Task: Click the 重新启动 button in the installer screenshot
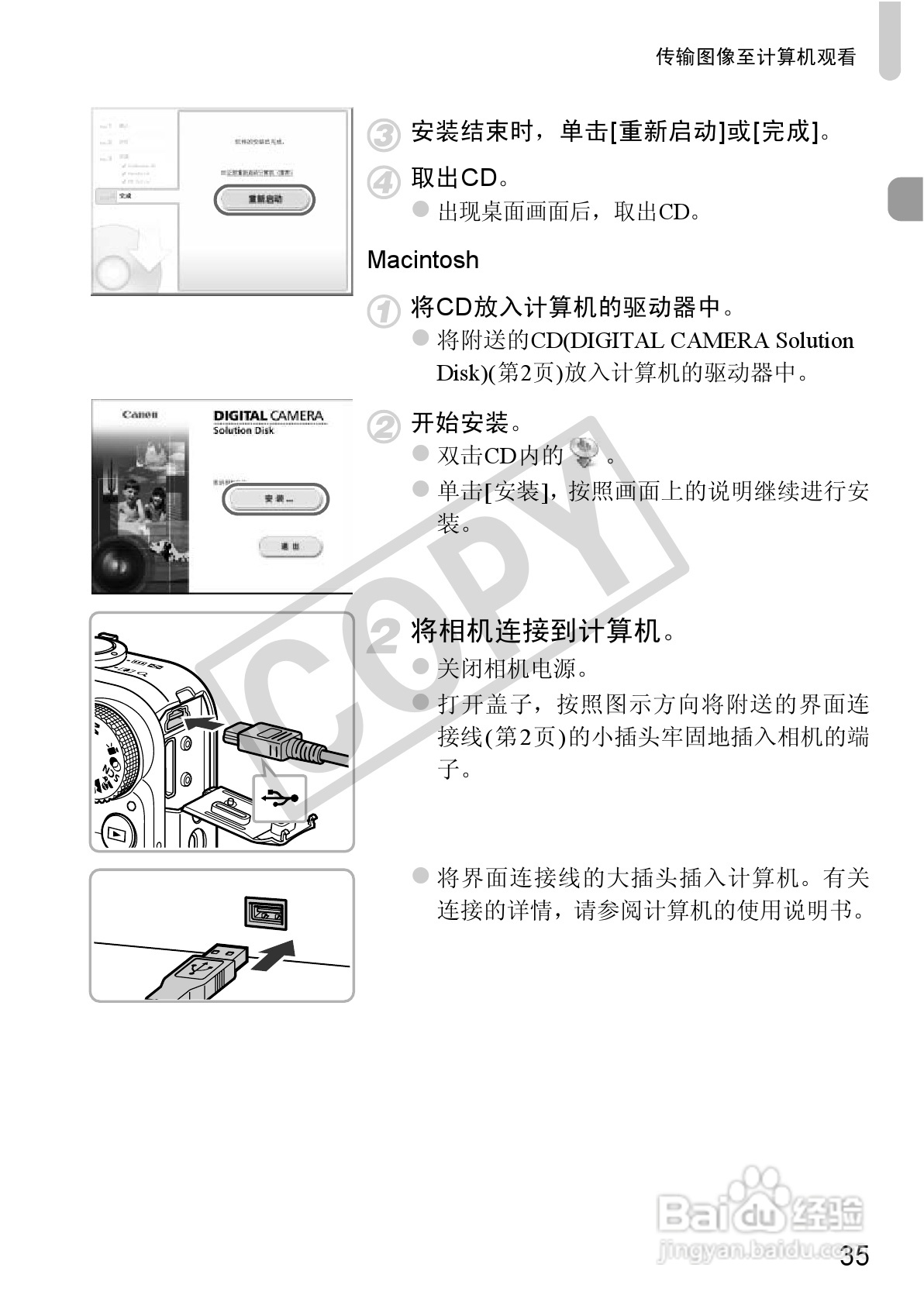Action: [264, 200]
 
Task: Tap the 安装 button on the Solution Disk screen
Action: [275, 500]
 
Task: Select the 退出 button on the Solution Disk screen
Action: [290, 547]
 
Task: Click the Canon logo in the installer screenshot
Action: [140, 415]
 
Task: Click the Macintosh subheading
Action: [422, 260]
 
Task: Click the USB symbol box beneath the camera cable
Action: [280, 798]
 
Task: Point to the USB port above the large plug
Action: [266, 913]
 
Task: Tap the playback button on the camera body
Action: [116, 833]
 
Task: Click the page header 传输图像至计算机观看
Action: [756, 57]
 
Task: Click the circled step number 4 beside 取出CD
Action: [383, 182]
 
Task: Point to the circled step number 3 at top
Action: [383, 135]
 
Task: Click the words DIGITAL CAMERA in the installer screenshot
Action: [268, 415]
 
